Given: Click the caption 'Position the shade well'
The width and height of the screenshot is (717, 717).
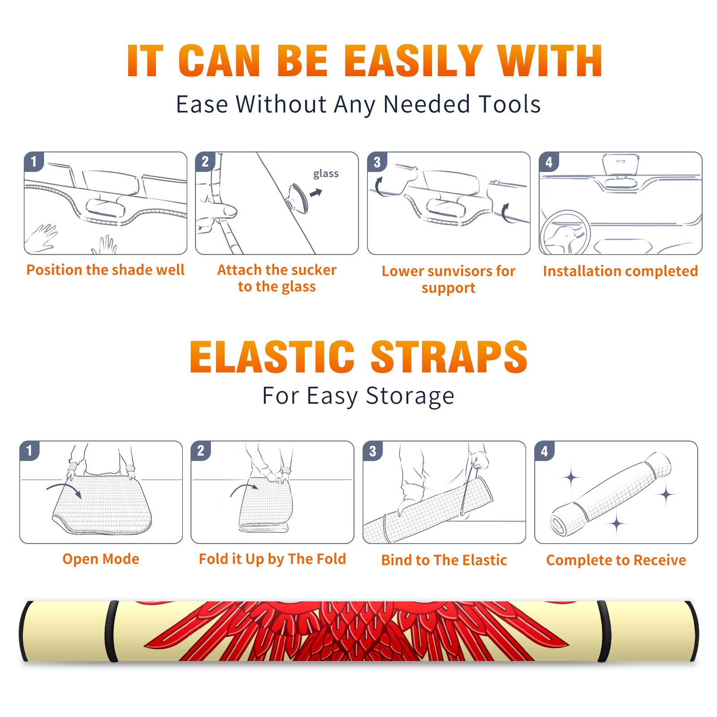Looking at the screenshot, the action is tap(105, 270).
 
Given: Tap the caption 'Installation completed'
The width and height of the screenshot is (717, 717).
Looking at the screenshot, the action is tap(620, 271).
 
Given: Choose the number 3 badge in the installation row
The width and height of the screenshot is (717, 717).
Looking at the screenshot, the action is tap(377, 162).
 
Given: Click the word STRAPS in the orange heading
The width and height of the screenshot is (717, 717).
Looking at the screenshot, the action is tap(449, 357).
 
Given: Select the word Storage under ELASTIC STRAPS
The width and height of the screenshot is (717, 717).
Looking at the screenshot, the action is tap(410, 396).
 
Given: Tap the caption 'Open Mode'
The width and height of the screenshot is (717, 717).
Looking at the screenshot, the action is tap(101, 559).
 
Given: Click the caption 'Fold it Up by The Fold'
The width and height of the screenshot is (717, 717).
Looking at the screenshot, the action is tap(272, 559).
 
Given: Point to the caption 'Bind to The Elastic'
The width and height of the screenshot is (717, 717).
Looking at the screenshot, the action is tap(444, 560).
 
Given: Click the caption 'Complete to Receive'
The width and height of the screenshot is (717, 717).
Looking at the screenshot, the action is tap(616, 560).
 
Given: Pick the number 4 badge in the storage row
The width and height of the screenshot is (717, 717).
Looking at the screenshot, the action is tap(544, 451).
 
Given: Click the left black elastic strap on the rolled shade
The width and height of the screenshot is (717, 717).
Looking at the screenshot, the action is tap(111, 631).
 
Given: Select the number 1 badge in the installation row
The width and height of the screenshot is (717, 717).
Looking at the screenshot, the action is tap(34, 162).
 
